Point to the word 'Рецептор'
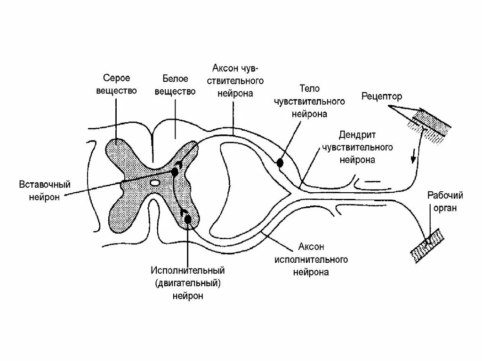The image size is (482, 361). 382,96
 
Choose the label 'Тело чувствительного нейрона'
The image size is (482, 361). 309,101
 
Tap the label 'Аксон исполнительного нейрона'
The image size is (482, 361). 311,259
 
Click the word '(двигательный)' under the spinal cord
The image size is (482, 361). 188,283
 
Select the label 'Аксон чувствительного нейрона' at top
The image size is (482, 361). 235,80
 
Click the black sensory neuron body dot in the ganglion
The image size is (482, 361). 280,163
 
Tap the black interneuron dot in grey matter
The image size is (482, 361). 175,172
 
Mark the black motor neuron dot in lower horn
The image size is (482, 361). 188,219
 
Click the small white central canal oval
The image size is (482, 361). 154,181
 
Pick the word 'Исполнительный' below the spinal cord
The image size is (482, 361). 188,271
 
